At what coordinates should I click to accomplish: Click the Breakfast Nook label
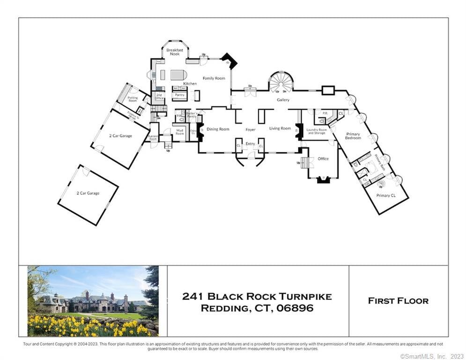tap(174, 52)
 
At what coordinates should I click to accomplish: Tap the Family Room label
tap(214, 78)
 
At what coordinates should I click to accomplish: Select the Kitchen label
tap(190, 83)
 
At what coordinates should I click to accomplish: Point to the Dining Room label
tap(218, 129)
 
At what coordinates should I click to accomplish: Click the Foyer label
tap(251, 129)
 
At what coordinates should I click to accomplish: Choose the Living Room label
tap(280, 128)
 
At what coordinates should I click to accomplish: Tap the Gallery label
tap(283, 100)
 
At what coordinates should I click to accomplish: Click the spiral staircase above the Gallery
tap(281, 82)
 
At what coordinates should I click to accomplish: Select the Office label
tap(323, 159)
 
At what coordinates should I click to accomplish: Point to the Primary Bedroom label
tap(353, 136)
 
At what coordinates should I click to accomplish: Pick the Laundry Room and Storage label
tap(317, 131)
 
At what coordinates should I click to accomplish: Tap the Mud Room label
tap(180, 133)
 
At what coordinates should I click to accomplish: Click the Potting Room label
tap(133, 99)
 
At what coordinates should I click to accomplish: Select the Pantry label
tap(179, 95)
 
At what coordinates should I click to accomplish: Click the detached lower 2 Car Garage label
tap(88, 193)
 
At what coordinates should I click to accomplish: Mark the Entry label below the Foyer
tap(251, 144)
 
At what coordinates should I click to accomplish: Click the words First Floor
tap(398, 301)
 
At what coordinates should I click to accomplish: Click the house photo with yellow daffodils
tap(93, 301)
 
